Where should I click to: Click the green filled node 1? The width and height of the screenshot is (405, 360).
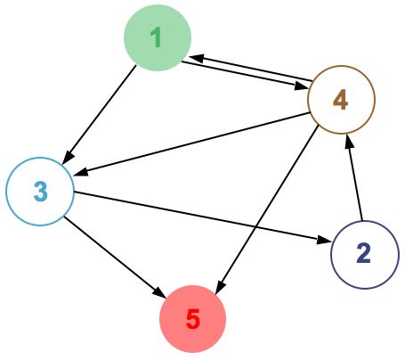point(158,37)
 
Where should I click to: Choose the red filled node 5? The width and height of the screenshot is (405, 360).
point(193,319)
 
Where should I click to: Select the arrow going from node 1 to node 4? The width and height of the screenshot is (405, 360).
point(245,76)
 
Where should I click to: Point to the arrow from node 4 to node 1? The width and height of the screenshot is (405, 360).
point(251,68)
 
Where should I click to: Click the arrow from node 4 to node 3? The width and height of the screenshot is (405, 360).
point(191,144)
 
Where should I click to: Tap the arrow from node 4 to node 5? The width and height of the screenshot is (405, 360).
point(267,210)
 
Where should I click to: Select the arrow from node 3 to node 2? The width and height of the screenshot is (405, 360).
point(202,217)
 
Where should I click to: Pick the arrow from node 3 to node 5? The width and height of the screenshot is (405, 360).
point(115,257)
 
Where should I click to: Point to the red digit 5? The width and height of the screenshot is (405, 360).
point(193,318)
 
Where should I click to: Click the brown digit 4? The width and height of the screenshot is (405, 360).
point(341,100)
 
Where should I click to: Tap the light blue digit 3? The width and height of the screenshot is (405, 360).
point(41,192)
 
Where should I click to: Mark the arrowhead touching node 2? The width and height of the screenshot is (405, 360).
point(324,240)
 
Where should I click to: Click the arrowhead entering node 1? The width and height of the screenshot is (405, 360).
point(197,58)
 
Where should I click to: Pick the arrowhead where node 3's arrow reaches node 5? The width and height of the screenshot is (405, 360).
point(159,292)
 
